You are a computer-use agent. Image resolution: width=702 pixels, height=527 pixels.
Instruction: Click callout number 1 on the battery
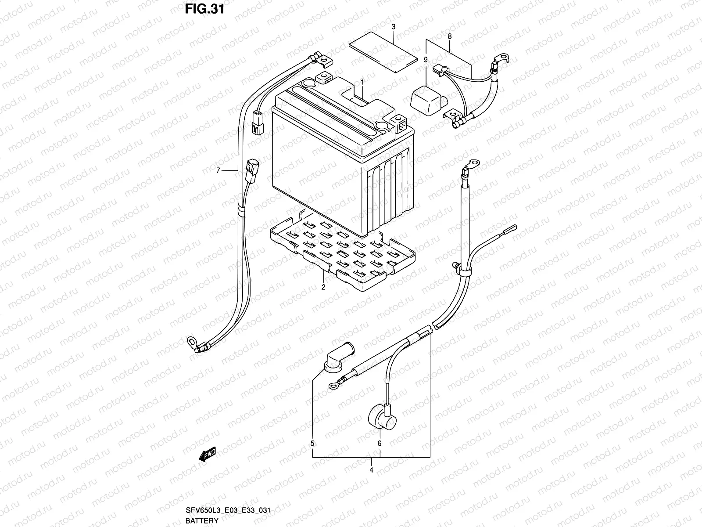pyautogui.click(x=362, y=82)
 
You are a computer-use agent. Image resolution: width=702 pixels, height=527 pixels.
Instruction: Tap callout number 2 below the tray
pyautogui.click(x=323, y=288)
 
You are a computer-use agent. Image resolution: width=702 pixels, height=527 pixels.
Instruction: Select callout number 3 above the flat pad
pyautogui.click(x=394, y=27)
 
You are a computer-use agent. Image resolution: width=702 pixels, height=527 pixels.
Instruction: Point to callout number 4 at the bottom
pyautogui.click(x=371, y=470)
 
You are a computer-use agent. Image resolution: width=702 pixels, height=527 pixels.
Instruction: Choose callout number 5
pyautogui.click(x=312, y=444)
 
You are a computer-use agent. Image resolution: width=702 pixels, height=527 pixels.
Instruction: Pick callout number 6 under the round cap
pyautogui.click(x=380, y=444)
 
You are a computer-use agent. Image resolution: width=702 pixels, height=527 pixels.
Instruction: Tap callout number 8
pyautogui.click(x=450, y=37)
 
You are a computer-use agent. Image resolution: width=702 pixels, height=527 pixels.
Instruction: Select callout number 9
pyautogui.click(x=425, y=59)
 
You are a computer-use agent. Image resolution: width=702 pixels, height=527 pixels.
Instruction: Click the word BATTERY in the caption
pyautogui.click(x=202, y=521)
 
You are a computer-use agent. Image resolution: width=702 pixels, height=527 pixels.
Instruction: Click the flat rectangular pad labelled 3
pyautogui.click(x=383, y=52)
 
